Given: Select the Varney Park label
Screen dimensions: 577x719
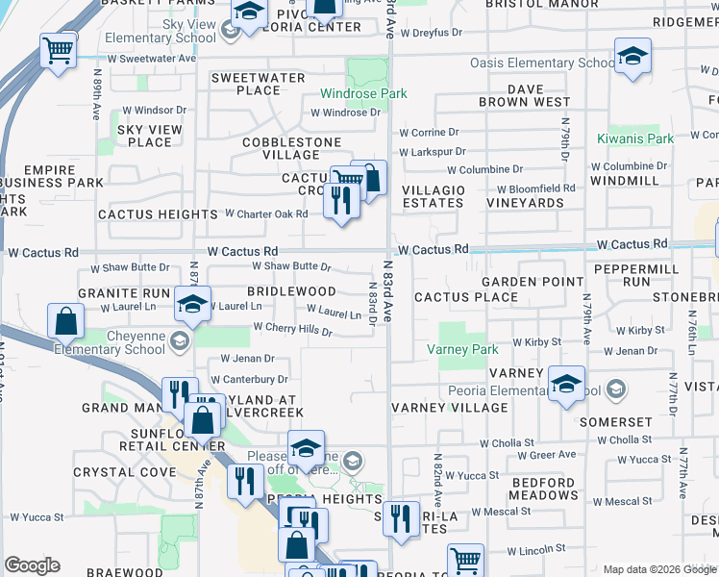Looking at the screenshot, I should [462, 350].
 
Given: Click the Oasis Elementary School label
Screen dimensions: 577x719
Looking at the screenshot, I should [542, 63].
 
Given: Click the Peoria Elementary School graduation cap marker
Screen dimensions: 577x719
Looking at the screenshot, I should [567, 385].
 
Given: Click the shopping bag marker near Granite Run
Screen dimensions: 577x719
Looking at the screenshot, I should [64, 322].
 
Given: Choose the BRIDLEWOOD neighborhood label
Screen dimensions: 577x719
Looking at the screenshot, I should [291, 291].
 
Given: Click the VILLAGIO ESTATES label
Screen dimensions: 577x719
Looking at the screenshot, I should [433, 197].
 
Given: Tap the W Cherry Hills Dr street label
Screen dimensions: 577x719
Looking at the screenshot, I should [292, 327].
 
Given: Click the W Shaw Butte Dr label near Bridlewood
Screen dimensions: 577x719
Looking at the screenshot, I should [291, 266].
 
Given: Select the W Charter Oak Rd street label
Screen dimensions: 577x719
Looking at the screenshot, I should [266, 213].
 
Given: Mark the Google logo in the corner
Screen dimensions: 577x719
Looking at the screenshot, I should [33, 565].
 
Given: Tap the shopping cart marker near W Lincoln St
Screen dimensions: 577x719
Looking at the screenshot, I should [465, 560].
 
